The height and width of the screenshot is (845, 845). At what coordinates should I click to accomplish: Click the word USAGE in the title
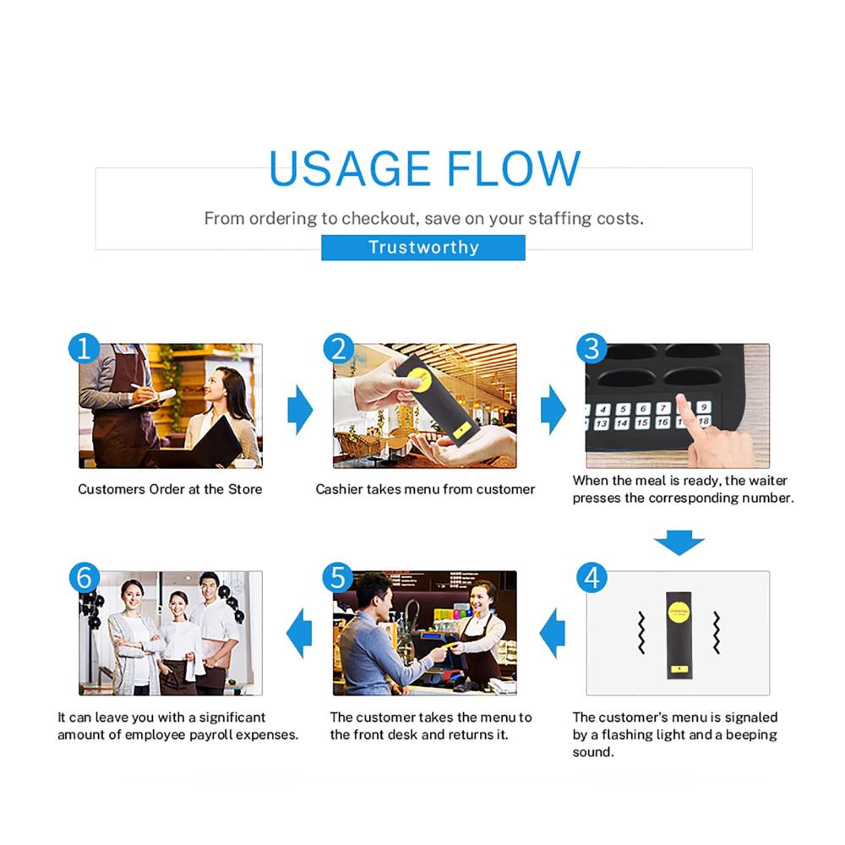[x=349, y=169]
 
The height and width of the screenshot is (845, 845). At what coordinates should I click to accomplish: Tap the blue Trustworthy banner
[x=423, y=248]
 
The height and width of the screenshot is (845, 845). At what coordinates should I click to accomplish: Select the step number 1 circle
[x=84, y=348]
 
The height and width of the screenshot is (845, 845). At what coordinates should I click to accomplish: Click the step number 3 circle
[x=591, y=348]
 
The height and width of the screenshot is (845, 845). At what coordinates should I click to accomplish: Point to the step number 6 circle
[x=84, y=578]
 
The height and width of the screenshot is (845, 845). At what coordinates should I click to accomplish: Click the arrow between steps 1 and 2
[x=300, y=410]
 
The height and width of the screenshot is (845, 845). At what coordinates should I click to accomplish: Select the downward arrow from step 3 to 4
[x=679, y=542]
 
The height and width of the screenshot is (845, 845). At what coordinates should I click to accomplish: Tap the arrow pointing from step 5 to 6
[x=299, y=633]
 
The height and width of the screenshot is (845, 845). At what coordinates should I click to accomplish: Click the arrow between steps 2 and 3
[x=553, y=410]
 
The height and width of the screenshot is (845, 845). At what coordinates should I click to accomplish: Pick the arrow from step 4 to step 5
[x=553, y=633]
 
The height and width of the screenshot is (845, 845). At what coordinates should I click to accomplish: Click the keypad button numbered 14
[x=622, y=423]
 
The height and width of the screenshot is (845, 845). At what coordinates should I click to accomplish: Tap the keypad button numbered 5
[x=623, y=409]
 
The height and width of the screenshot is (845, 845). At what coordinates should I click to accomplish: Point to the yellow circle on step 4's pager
[x=679, y=612]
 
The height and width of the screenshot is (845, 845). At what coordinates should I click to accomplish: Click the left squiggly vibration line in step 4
[x=641, y=633]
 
